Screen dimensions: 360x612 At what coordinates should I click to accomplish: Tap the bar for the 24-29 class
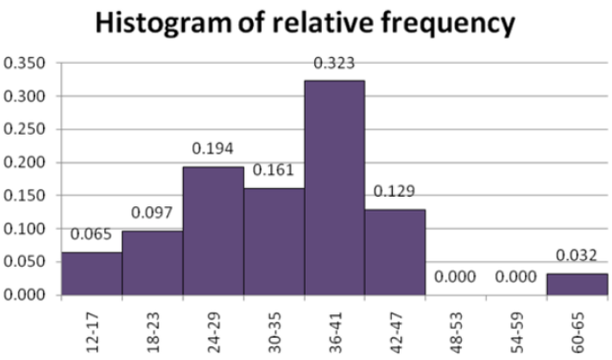[213, 231]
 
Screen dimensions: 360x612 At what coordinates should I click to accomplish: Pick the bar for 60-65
[577, 284]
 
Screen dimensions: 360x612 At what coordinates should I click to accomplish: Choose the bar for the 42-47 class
[394, 252]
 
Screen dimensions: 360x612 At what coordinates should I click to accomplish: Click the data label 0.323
[334, 63]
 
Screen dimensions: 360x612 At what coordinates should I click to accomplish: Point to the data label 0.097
[152, 213]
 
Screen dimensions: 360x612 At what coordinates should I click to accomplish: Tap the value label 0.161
[274, 171]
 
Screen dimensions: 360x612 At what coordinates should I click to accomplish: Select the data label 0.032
[577, 256]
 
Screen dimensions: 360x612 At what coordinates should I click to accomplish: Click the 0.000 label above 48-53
[455, 277]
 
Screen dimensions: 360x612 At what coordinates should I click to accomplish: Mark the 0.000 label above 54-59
[516, 277]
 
